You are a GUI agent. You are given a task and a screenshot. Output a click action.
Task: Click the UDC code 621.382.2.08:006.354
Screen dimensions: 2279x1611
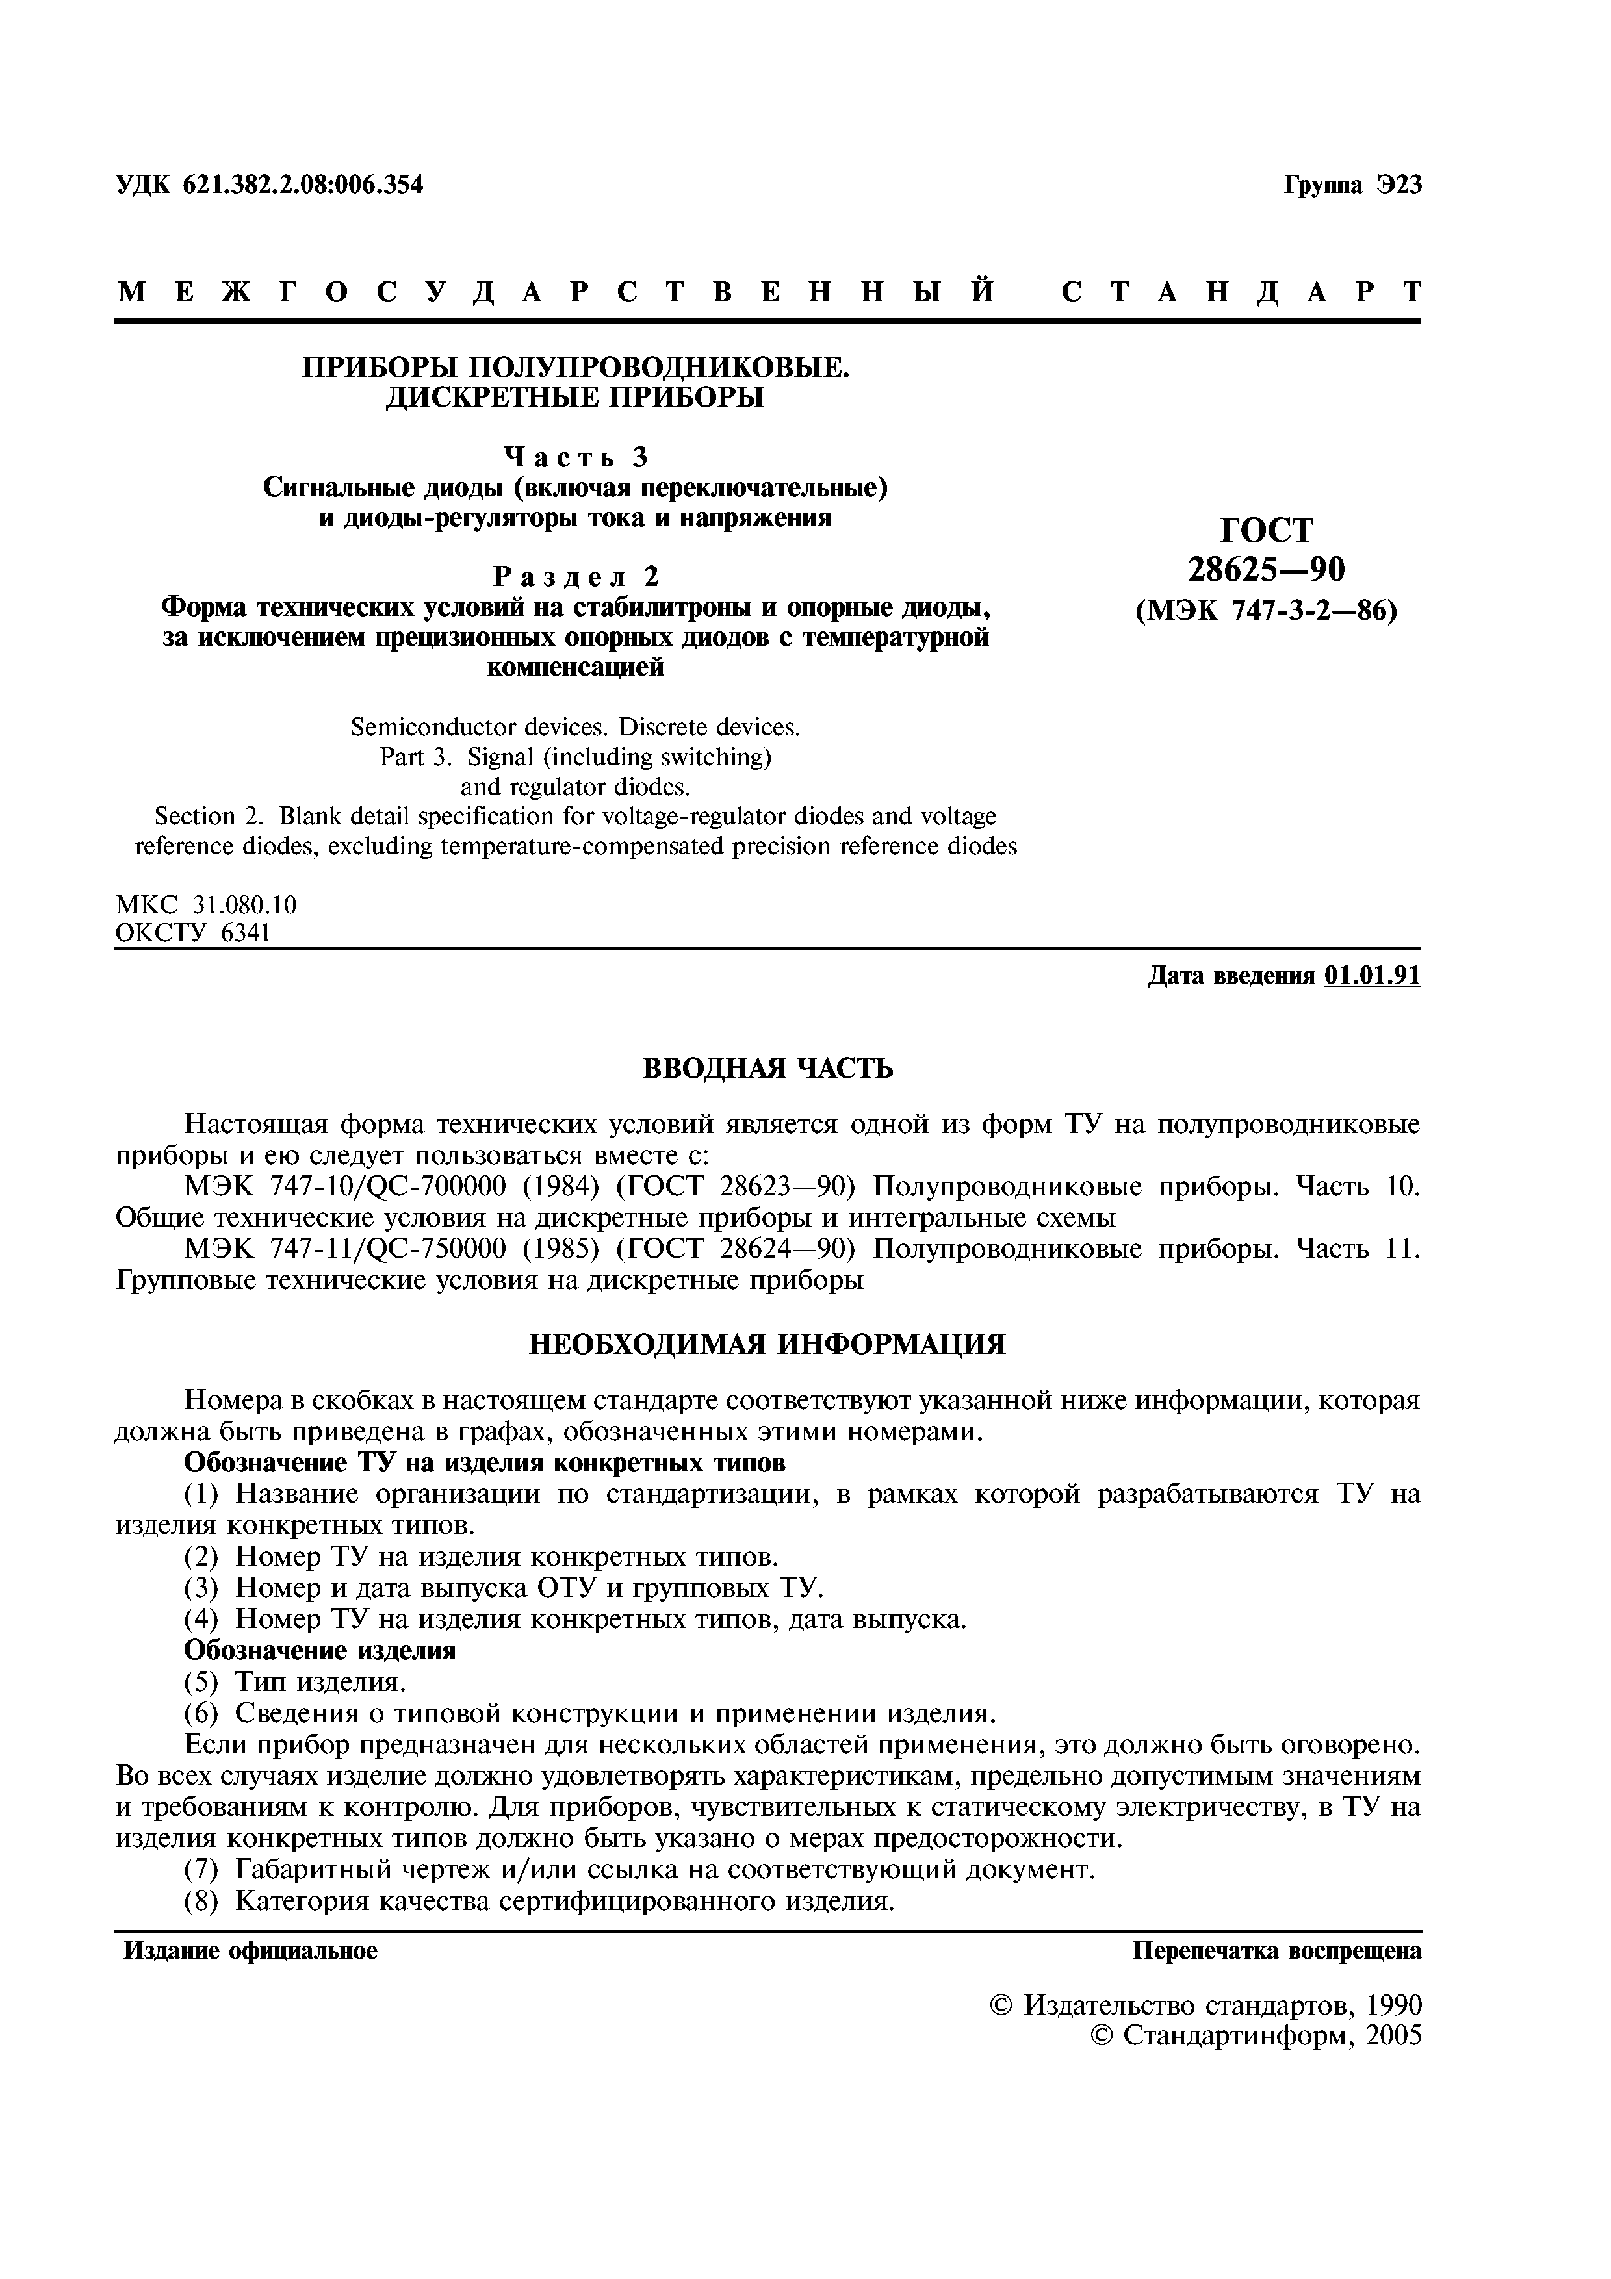(303, 185)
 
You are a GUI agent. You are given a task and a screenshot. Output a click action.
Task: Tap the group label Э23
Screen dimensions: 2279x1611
(1400, 185)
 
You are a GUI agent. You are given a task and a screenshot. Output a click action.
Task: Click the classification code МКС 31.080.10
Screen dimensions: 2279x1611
(207, 904)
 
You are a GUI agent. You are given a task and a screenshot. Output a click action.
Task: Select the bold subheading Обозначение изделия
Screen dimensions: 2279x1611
(320, 1649)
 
